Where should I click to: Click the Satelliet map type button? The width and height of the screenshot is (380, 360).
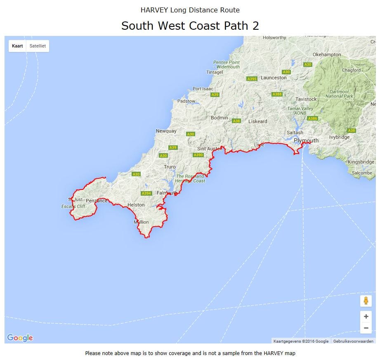[x=38, y=46]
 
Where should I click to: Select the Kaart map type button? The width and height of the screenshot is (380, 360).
[x=17, y=46]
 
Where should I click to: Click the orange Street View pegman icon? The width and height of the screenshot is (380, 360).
[x=366, y=301]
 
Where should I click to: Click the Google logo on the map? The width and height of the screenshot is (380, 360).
[x=20, y=338]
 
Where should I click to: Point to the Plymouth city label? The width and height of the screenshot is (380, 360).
[x=306, y=140]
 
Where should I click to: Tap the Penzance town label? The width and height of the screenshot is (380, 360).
[x=97, y=201]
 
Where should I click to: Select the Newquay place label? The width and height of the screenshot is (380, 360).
[x=166, y=131]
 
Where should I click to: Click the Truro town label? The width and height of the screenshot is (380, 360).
[x=170, y=167]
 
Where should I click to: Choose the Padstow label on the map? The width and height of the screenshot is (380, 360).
[x=186, y=101]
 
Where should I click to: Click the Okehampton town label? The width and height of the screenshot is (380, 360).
[x=327, y=54]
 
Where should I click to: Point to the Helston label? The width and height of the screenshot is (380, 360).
[x=136, y=205]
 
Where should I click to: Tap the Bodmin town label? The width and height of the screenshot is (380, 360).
[x=219, y=118]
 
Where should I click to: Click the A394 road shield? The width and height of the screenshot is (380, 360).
[x=146, y=193]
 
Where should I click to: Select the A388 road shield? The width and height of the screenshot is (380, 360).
[x=277, y=94]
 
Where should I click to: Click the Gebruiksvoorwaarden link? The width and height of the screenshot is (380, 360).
[x=353, y=341]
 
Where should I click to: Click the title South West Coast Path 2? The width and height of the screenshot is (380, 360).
[x=190, y=26]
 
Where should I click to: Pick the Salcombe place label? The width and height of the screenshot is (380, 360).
[x=362, y=173]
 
